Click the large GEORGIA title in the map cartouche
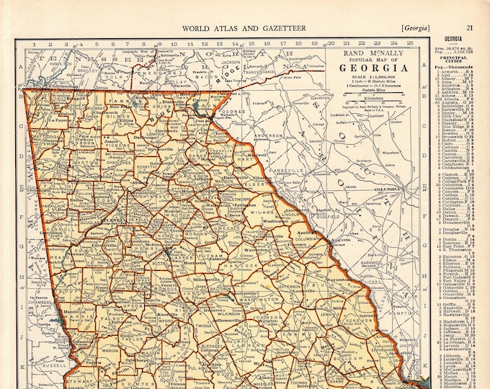coord(373,68)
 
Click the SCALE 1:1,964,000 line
coord(373,79)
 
